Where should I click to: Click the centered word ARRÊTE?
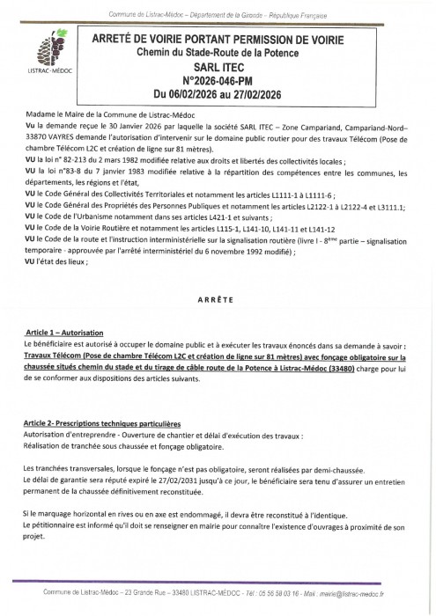pos(218,298)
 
